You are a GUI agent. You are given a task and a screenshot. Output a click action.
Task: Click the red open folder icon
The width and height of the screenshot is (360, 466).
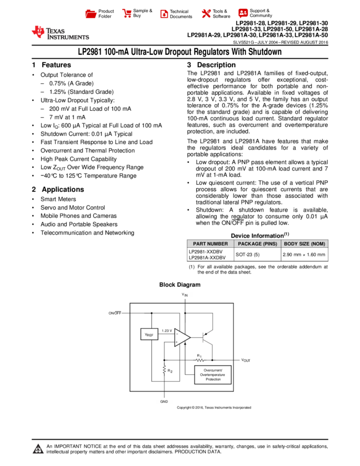point(91,14)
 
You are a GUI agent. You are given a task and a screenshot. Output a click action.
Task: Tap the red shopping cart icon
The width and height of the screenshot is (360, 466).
point(127,14)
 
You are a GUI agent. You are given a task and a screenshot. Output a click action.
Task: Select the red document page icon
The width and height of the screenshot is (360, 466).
point(164,14)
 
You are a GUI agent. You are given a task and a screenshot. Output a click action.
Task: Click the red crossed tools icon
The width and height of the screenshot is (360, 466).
point(206,14)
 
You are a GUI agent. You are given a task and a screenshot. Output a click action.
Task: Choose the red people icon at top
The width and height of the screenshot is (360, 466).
point(243,13)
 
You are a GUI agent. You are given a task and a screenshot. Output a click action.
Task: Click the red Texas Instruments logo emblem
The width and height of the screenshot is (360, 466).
point(38,32)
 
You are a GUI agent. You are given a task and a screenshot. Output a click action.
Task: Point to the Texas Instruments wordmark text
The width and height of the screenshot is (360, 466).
point(67,34)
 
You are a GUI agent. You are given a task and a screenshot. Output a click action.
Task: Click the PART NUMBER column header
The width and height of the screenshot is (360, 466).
point(210,244)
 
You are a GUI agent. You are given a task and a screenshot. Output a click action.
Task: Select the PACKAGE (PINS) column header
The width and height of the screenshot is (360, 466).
point(258,244)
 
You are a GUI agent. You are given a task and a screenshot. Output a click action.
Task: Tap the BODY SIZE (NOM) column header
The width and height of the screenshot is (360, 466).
point(305,244)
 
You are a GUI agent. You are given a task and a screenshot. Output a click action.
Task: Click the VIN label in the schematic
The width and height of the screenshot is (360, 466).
point(186,295)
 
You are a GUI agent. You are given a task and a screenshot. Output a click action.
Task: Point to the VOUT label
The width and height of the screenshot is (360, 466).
point(245,360)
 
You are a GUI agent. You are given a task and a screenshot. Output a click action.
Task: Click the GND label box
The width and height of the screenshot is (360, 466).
point(164,402)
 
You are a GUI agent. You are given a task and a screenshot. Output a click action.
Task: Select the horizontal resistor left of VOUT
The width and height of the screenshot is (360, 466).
point(200,360)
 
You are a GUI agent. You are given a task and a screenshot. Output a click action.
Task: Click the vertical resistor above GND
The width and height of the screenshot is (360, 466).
point(164,370)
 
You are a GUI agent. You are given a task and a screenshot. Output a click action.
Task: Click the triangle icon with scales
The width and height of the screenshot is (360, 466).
point(38,449)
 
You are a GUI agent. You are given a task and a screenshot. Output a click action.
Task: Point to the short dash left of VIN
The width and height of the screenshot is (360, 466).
point(118,311)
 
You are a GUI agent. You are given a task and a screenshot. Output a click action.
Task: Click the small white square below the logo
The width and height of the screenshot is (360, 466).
point(32,76)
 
